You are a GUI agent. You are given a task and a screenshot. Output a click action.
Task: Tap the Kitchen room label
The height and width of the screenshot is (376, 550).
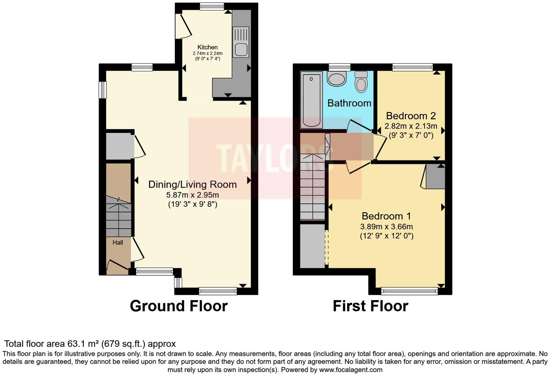pos(207,47)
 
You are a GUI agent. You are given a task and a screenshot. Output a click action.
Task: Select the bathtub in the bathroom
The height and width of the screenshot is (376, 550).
pos(311,100)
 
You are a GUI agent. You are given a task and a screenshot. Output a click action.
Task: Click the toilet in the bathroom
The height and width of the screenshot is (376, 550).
pos(361,81)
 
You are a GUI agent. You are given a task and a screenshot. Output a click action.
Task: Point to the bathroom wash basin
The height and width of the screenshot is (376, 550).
pos(337,79)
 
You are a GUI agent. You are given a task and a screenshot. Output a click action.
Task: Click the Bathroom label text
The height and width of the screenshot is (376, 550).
pos(349,103)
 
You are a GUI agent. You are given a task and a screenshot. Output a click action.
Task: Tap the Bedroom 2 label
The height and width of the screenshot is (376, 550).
pos(411,116)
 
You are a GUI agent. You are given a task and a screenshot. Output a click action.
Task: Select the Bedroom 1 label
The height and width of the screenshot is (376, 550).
pos(386,216)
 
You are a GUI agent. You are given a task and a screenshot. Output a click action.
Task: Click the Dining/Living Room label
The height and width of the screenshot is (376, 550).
pos(192,184)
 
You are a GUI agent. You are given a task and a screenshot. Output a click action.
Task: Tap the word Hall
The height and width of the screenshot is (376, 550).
pos(118,243)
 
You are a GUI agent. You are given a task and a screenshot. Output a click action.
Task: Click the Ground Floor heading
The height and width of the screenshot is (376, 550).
pos(178,306)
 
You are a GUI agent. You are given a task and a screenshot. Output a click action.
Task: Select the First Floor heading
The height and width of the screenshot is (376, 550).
pos(370,306)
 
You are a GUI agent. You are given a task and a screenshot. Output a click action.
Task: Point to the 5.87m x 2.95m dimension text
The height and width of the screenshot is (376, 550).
pos(192,195)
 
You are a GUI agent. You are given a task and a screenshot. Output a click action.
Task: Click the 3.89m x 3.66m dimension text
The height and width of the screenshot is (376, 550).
pos(386,227)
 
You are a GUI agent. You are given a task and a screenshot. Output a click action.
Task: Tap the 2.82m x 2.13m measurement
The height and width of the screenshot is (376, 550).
pos(411,126)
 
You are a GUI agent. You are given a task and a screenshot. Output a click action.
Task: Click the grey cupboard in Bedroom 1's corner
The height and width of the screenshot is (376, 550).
pos(435,177)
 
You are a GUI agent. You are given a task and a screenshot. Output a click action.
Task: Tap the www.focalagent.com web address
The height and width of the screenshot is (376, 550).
pos(350,370)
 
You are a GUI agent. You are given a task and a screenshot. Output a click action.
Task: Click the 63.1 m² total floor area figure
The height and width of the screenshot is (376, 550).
pos(86,344)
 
